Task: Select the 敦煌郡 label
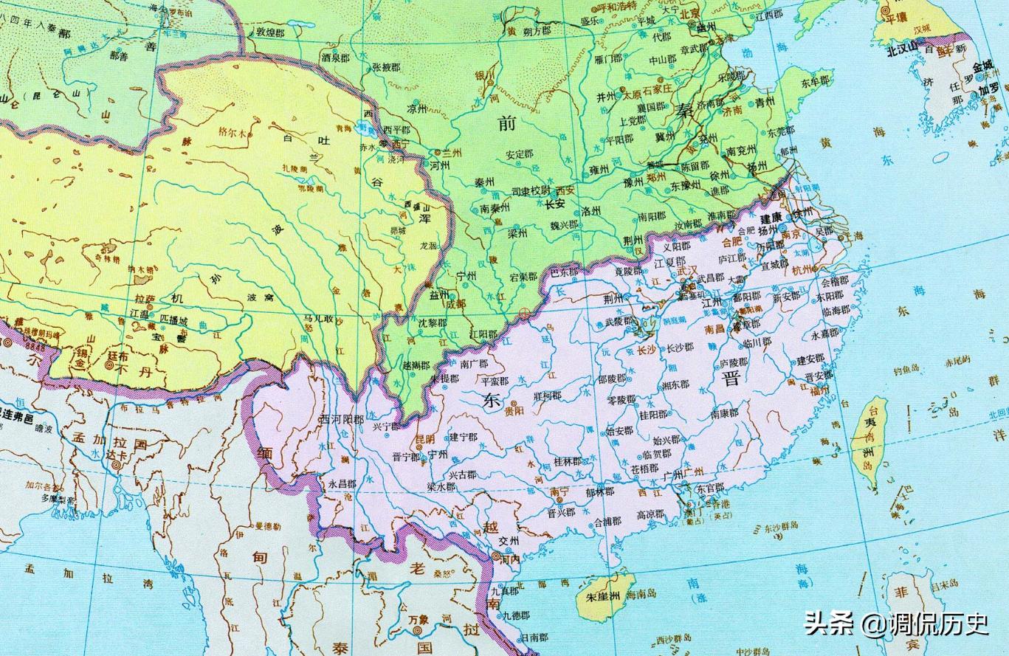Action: click(x=270, y=32)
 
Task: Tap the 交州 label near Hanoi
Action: click(x=509, y=540)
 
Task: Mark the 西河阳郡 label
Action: click(x=341, y=419)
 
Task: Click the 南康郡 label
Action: click(x=724, y=414)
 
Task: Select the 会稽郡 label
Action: click(x=834, y=281)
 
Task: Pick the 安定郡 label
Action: click(x=519, y=155)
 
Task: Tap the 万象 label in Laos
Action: click(x=418, y=630)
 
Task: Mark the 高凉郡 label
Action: click(x=650, y=514)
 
